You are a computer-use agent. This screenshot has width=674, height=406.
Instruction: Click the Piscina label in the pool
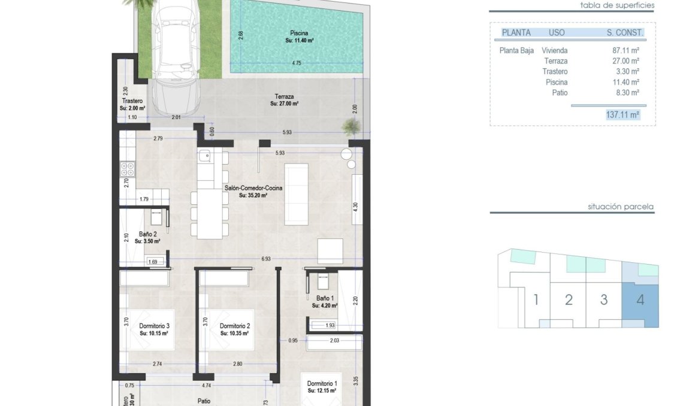(x=300, y=33)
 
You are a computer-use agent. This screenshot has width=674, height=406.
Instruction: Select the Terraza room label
(x=284, y=96)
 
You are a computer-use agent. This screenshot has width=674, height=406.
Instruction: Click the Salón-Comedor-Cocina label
(x=246, y=188)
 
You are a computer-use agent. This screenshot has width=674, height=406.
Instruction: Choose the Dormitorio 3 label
(x=147, y=326)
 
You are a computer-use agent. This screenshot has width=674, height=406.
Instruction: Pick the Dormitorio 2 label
(x=235, y=326)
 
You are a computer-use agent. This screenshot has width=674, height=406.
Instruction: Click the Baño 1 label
(x=325, y=298)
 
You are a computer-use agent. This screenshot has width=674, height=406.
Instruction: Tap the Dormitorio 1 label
(x=322, y=383)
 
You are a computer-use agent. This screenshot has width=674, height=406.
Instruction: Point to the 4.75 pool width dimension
(x=296, y=63)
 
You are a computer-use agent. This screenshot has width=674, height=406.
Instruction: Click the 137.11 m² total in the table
(x=623, y=114)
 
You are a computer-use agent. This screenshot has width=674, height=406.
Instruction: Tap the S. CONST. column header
(x=625, y=32)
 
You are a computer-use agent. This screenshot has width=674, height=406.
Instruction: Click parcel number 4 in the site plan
(x=640, y=300)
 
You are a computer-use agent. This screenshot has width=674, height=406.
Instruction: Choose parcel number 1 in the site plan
(x=536, y=300)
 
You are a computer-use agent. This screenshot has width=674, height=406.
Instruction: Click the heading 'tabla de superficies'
(x=617, y=5)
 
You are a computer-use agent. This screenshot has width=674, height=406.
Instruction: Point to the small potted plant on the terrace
(x=351, y=126)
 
